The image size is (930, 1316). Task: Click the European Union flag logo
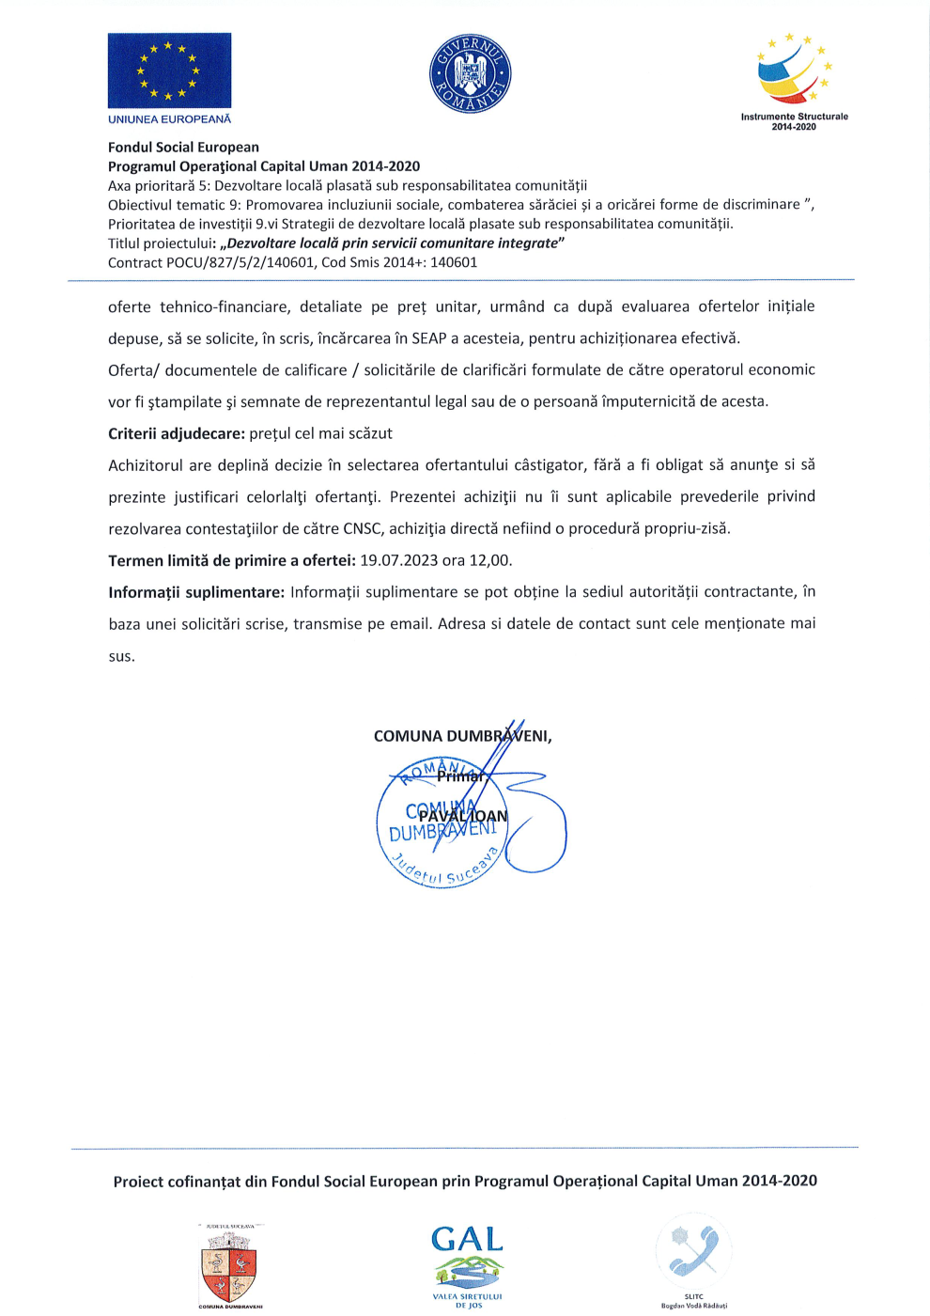pos(169,70)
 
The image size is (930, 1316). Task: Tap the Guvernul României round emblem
pos(470,74)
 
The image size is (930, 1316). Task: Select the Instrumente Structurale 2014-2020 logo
pos(794,80)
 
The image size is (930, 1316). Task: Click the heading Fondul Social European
pos(183,147)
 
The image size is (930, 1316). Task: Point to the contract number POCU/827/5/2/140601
pos(240,262)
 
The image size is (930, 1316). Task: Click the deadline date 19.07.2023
pos(398,560)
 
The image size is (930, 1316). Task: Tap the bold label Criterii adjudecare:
pos(177,433)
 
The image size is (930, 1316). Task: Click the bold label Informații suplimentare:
pos(195,592)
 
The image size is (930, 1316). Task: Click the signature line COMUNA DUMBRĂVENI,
pos(462,736)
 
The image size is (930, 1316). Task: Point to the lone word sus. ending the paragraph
pos(121,656)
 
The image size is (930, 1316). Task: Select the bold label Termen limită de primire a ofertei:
pos(231,560)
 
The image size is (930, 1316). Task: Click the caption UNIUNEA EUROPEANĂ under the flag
pos(169,119)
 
